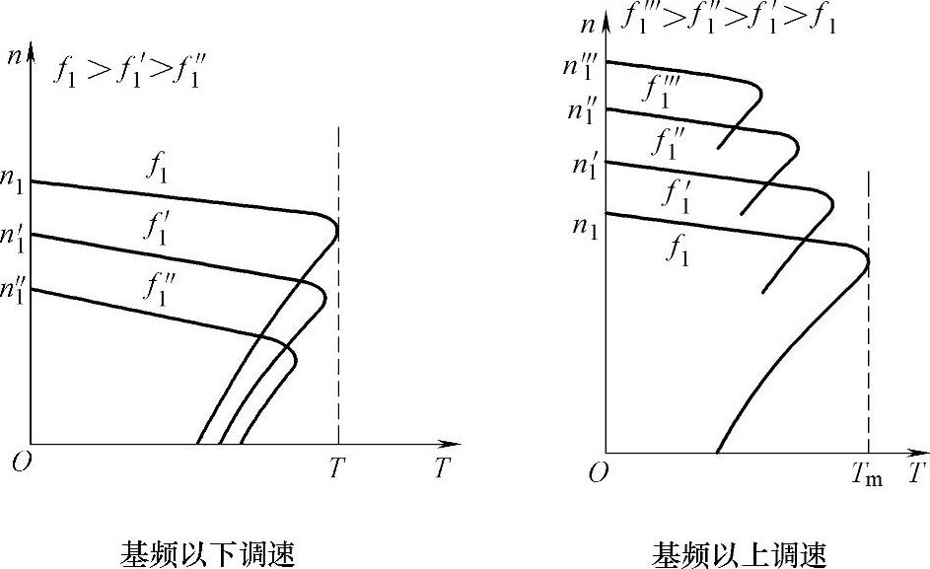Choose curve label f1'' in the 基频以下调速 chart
coord(159,288)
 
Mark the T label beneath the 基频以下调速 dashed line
coord(337,468)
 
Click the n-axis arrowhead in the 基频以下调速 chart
coord(31,47)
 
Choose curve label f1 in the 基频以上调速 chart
coord(677,251)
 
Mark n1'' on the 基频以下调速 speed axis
coord(15,292)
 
